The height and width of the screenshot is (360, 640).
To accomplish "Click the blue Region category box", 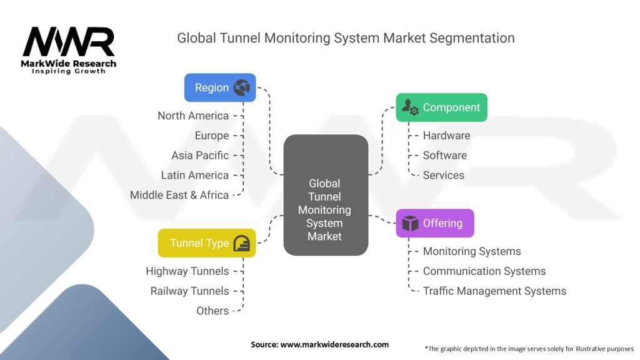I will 219,87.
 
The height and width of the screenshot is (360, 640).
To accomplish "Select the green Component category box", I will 441,107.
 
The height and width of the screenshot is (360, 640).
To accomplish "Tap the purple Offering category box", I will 434,223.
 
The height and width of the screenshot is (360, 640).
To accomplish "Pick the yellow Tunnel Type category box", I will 206,243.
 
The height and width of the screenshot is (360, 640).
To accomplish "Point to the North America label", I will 193,116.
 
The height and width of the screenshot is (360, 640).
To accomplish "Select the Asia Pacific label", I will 200,156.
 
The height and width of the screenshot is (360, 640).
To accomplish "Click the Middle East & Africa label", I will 179,195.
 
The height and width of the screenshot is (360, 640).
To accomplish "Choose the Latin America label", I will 195,176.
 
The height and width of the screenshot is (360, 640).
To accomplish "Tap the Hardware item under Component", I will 446,136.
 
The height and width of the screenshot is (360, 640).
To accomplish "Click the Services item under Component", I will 443,176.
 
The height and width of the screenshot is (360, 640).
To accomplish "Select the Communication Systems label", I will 484,271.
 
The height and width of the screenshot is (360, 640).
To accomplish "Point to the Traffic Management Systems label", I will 494,291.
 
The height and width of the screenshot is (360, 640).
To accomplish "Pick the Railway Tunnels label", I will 189,291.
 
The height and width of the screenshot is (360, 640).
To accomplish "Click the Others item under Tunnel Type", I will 212,311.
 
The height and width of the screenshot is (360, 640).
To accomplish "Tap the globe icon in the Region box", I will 241,87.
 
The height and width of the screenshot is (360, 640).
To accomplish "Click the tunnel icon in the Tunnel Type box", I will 242,243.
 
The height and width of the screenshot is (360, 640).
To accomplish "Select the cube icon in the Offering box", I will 410,223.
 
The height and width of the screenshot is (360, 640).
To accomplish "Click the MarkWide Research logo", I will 69,48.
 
